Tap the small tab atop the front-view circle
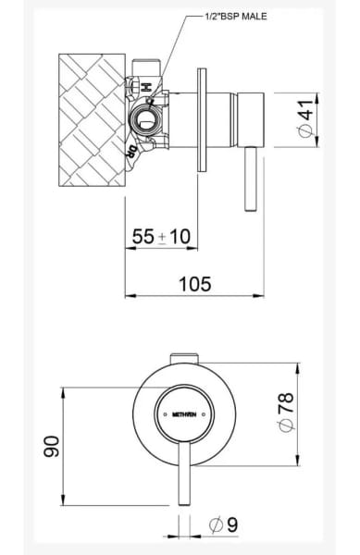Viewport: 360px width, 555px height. pos(184,358)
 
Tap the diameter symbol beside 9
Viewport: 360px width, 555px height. pos(215,524)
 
